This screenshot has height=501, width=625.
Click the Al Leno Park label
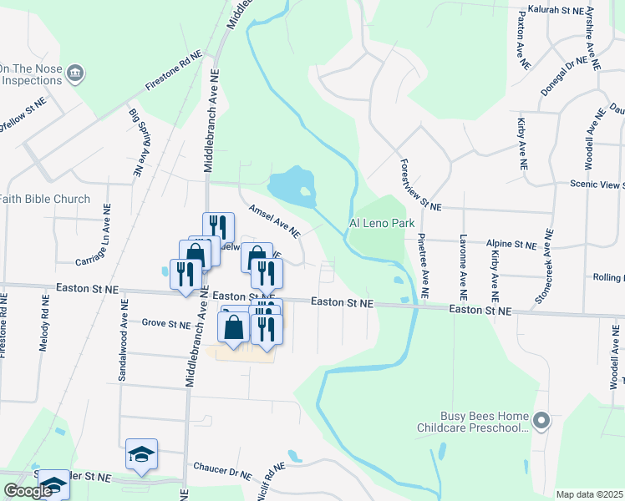click(382, 224)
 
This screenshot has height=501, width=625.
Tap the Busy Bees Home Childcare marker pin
click(541, 422)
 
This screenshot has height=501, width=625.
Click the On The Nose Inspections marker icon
click(75, 73)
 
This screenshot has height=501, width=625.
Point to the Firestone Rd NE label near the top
click(174, 73)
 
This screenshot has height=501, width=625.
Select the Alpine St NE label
click(510, 245)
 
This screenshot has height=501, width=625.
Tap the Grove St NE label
click(166, 322)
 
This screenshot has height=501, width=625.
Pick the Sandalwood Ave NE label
click(122, 348)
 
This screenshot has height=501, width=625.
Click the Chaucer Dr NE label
click(221, 470)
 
